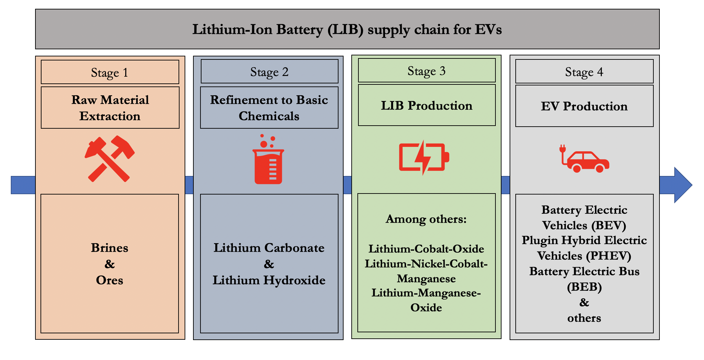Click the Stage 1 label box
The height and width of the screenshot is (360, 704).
[x=110, y=72]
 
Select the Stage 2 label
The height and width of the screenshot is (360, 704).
[x=269, y=72]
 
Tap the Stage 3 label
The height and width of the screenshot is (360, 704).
[x=427, y=71]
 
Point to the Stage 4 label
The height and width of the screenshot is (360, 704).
[x=584, y=72]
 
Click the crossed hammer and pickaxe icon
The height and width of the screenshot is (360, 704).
[x=110, y=159]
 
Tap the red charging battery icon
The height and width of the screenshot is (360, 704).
[x=424, y=157]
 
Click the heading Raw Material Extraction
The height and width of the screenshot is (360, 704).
[x=110, y=108]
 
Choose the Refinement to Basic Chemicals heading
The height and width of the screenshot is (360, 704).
[x=269, y=108]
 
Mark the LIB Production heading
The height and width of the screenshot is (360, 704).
[x=427, y=105]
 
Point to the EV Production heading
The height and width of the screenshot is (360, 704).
[x=584, y=106]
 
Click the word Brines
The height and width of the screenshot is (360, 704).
[x=110, y=248]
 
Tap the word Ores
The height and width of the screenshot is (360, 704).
[x=110, y=280]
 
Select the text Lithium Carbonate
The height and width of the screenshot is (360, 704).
[x=269, y=248]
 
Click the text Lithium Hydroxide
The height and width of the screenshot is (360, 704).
[x=269, y=280]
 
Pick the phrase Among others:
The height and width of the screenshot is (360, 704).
[x=426, y=219]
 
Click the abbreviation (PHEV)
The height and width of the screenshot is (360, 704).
[x=609, y=256]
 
